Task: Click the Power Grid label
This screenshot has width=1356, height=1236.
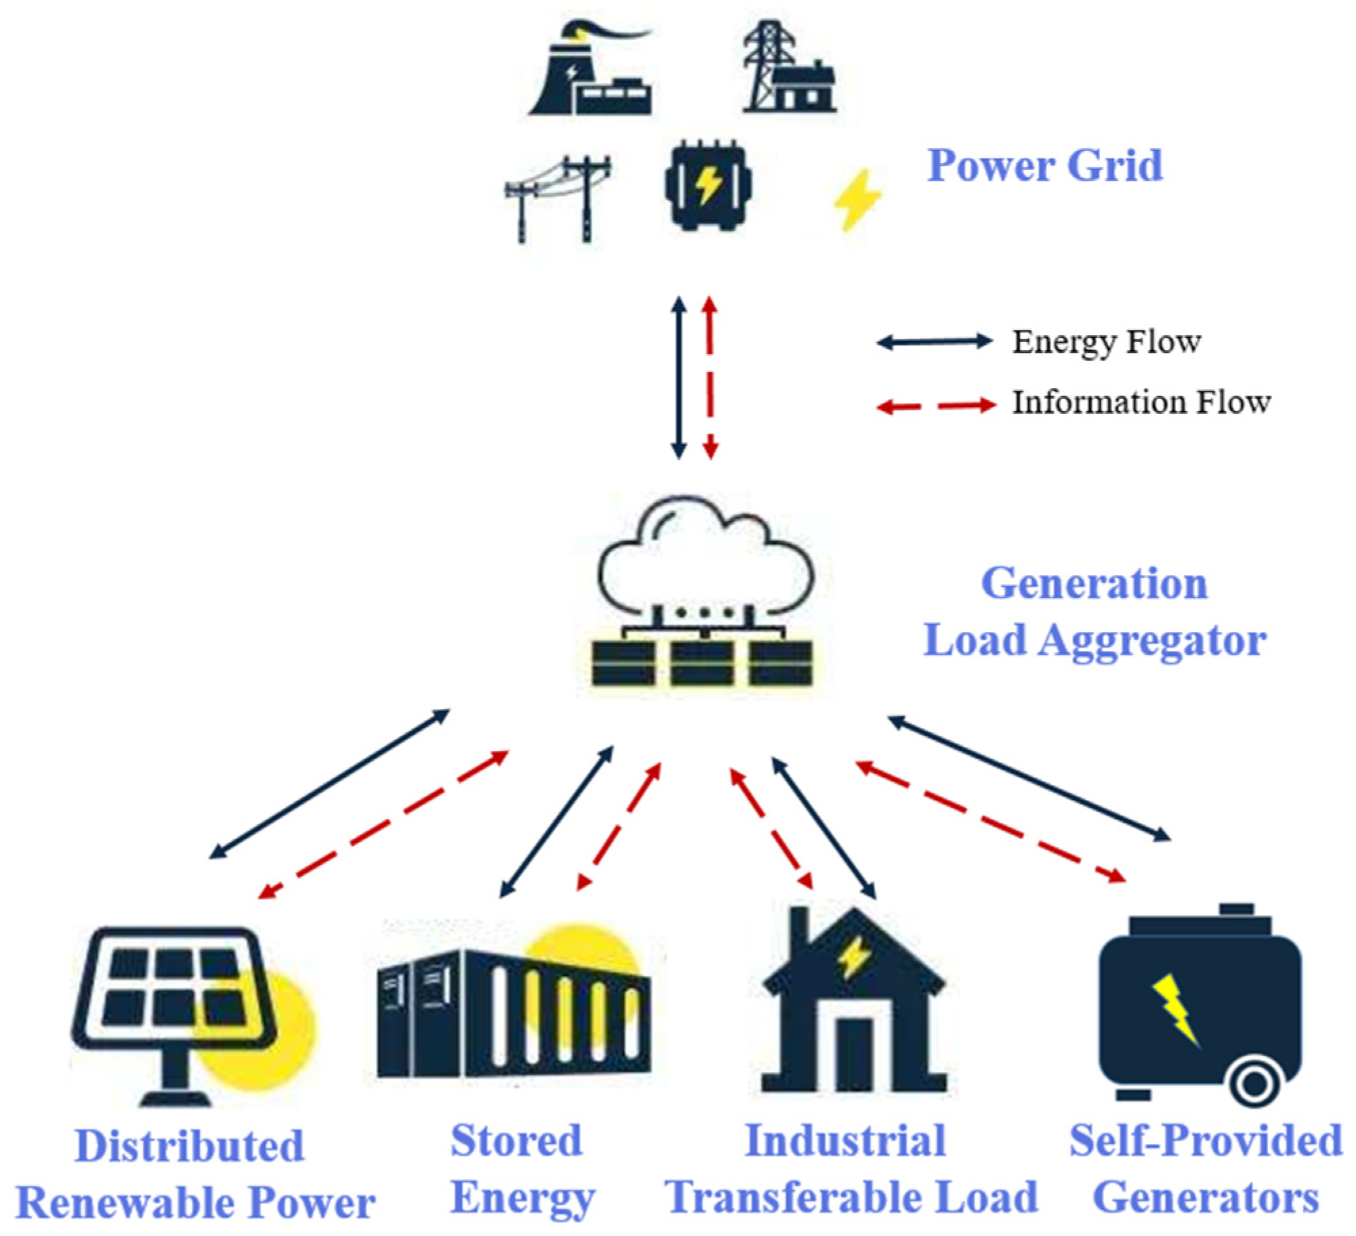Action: tap(1044, 166)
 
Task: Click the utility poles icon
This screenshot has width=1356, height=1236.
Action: tap(558, 198)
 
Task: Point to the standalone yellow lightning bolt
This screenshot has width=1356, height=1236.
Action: tap(857, 199)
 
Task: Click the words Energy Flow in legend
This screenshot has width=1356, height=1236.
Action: tap(1106, 342)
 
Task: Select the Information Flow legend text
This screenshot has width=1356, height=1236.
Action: tap(1141, 402)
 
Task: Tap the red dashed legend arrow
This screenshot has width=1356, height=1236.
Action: tap(935, 406)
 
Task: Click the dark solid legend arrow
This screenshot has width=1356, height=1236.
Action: tap(934, 342)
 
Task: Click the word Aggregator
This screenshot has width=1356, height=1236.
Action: tap(1151, 641)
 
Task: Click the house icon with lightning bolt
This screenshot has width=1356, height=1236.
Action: tap(853, 1002)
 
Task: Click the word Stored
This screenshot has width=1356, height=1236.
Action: tap(516, 1141)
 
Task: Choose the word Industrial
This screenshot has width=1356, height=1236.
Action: tap(845, 1141)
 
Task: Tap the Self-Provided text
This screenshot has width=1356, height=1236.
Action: tap(1205, 1141)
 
